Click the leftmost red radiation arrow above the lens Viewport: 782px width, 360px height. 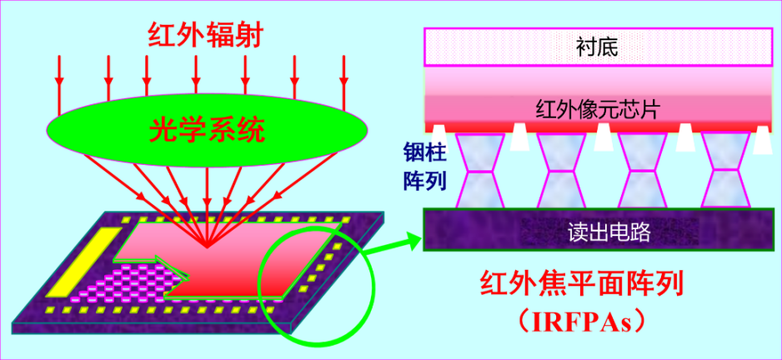pyautogui.click(x=59, y=73)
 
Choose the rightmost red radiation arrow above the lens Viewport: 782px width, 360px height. pyautogui.click(x=343, y=73)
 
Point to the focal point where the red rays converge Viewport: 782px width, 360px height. pyautogui.click(x=205, y=247)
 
